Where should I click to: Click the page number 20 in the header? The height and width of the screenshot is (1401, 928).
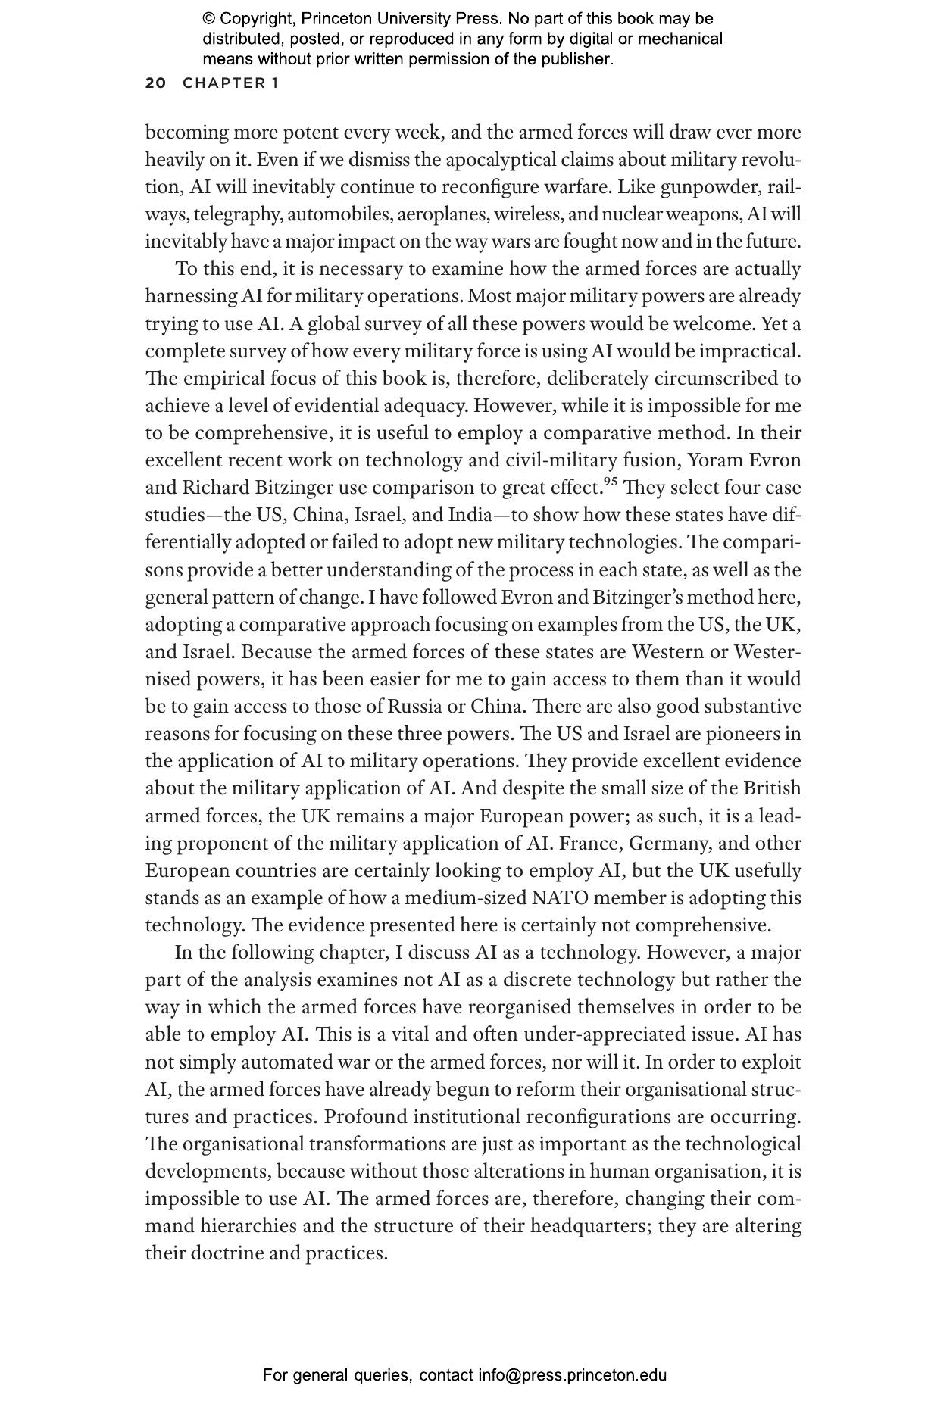click(x=155, y=83)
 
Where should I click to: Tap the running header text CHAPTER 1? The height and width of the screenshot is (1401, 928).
click(x=230, y=83)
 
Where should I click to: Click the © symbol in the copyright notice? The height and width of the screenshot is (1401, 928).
click(x=208, y=19)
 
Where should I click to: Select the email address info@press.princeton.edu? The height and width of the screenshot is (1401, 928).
click(x=572, y=1374)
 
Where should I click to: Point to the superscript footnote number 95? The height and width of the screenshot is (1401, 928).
click(x=611, y=481)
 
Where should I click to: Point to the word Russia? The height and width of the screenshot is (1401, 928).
click(x=414, y=707)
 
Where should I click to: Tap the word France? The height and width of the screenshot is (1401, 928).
click(x=589, y=844)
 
